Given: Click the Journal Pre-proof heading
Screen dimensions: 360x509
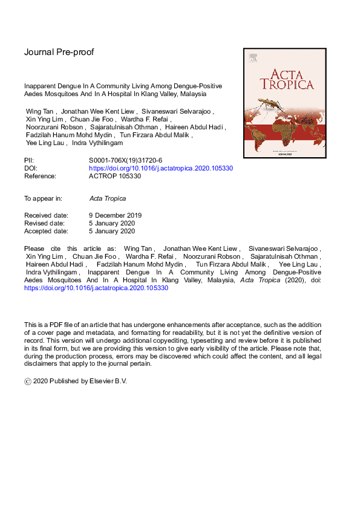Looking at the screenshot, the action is [x=59, y=52].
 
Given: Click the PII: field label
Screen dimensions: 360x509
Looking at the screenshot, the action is [x=30, y=161].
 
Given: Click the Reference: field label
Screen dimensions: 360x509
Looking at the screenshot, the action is [x=41, y=177].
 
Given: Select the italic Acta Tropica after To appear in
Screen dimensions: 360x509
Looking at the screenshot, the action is [x=107, y=198].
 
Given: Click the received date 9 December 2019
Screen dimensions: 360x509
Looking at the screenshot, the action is [x=115, y=215].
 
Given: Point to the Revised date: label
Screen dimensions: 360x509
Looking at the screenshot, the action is [x=45, y=223].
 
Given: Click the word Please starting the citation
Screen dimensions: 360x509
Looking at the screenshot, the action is [x=34, y=249].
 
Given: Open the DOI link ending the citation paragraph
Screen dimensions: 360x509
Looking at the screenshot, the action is [x=96, y=288].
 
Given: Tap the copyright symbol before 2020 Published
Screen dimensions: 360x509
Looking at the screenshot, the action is [x=27, y=381].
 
